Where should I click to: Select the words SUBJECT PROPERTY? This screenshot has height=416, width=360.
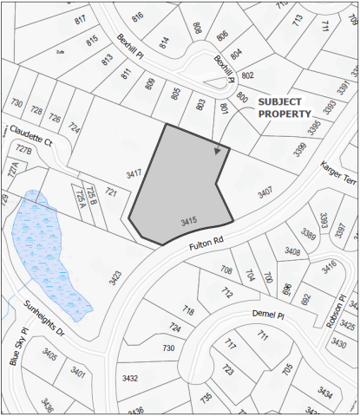284,107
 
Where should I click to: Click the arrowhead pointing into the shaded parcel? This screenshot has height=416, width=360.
218,151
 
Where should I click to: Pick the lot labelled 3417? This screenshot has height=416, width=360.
134,174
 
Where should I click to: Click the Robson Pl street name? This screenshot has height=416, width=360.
343,311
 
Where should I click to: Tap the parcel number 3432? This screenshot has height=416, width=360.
130,379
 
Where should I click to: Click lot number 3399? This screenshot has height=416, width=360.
300,149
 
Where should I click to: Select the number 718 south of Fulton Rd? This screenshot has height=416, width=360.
188,310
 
